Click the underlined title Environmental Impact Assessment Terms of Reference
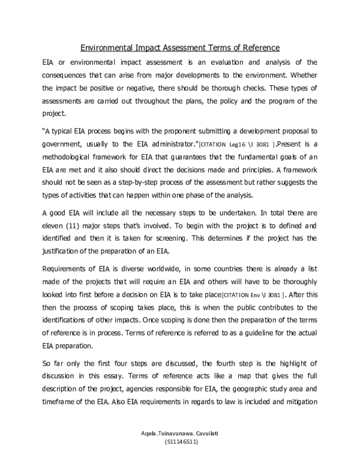180,48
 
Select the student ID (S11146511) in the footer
181,442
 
